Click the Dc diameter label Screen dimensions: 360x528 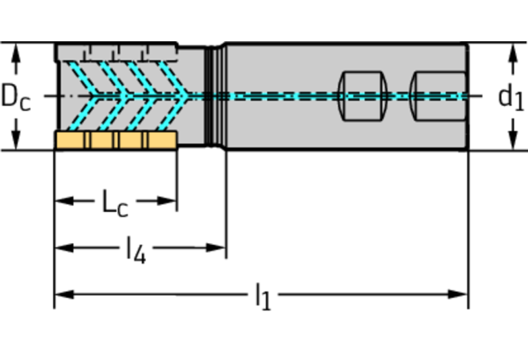(x=15, y=97)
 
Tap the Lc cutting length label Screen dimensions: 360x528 (x=115, y=202)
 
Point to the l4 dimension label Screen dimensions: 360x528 (x=136, y=249)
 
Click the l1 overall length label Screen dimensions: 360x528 (x=263, y=296)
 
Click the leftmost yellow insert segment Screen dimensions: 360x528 (x=71, y=140)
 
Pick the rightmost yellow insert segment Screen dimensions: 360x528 (x=163, y=140)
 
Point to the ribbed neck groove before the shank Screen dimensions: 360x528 (x=215, y=95)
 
